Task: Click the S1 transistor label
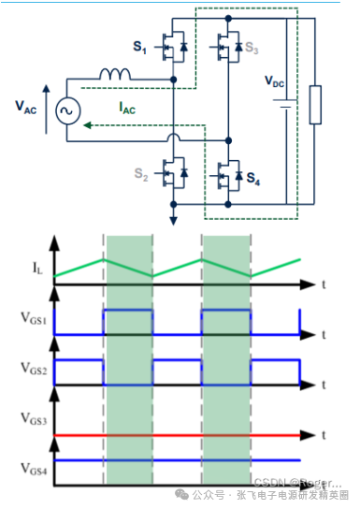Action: tap(140, 48)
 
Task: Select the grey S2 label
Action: tap(140, 174)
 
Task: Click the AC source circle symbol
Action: tap(67, 111)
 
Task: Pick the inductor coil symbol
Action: tap(117, 73)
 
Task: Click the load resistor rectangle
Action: tap(316, 104)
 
